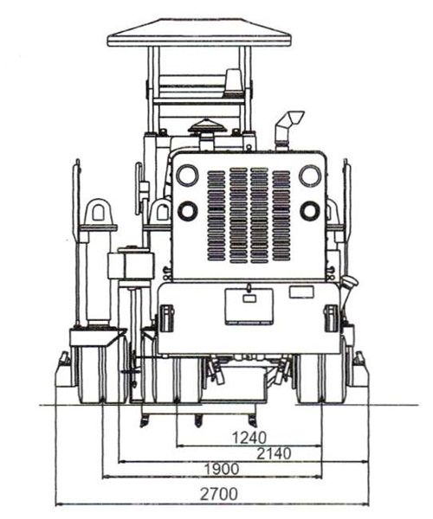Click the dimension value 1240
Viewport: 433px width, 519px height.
pyautogui.click(x=249, y=438)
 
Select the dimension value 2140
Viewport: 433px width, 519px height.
pyautogui.click(x=274, y=453)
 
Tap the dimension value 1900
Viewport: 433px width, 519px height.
pyautogui.click(x=222, y=469)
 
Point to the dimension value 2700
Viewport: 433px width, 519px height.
pyautogui.click(x=219, y=494)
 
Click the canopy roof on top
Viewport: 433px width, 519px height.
pyautogui.click(x=199, y=33)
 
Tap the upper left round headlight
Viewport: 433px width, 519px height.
pyautogui.click(x=187, y=175)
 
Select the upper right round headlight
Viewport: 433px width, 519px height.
pyautogui.click(x=310, y=176)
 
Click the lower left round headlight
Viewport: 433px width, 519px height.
pyautogui.click(x=188, y=211)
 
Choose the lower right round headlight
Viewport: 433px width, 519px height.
pyautogui.click(x=310, y=210)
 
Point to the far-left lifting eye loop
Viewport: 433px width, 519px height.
pyautogui.click(x=99, y=212)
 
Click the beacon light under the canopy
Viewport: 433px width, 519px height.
pyautogui.click(x=234, y=82)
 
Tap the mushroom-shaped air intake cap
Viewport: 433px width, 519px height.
pyautogui.click(x=207, y=126)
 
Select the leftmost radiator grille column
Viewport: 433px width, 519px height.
pyautogui.click(x=216, y=215)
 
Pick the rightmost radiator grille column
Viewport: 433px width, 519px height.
pyautogui.click(x=281, y=215)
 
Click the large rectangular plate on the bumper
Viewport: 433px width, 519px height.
pyautogui.click(x=249, y=306)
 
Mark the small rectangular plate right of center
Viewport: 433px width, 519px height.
pyautogui.click(x=301, y=292)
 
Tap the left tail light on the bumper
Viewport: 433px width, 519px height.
pyautogui.click(x=166, y=318)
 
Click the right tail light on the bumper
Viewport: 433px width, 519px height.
pyautogui.click(x=331, y=318)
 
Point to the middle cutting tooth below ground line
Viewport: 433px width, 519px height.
pyautogui.click(x=198, y=421)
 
